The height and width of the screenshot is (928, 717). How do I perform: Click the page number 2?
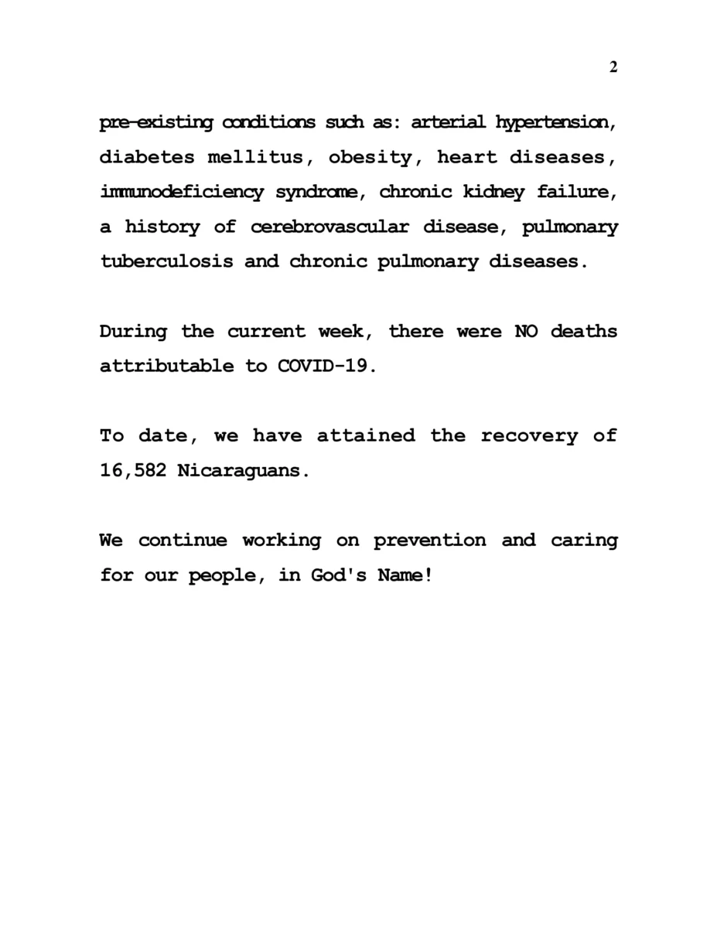(x=613, y=67)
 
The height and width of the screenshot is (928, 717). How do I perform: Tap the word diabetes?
(x=147, y=158)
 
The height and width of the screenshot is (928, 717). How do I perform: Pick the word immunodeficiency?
(x=182, y=193)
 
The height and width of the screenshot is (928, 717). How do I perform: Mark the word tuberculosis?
(x=166, y=261)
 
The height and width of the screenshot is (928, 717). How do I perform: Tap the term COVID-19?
(x=326, y=367)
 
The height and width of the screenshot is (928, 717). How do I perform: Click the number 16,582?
(x=132, y=471)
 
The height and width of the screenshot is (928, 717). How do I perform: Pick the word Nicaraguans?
(x=243, y=471)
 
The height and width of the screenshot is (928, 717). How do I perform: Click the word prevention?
(x=430, y=541)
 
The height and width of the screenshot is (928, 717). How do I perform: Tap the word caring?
(x=584, y=541)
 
